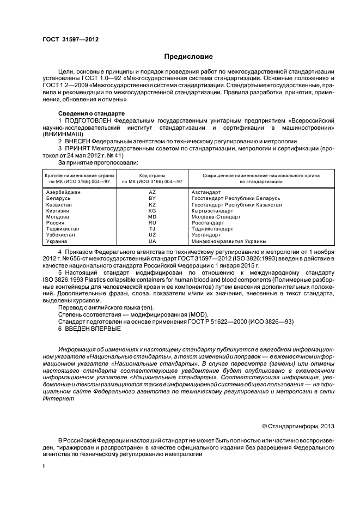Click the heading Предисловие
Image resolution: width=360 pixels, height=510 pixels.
[x=188, y=57]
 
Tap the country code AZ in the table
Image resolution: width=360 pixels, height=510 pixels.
[x=152, y=192]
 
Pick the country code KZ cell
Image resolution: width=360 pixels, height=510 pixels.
[x=152, y=204]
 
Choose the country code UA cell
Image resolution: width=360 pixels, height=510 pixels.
[x=152, y=241]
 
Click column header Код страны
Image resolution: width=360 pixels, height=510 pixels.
[x=152, y=175]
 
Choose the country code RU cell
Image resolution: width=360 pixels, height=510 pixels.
[x=152, y=222]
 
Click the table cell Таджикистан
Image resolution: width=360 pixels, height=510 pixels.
[x=63, y=229]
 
